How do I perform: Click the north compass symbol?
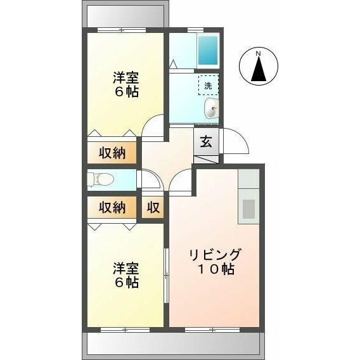pos(258,67)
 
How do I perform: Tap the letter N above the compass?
pos(258,54)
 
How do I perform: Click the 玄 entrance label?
pos(207,142)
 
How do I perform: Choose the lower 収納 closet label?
pos(112,207)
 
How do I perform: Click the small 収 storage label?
pos(153,207)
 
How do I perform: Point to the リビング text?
pos(215,255)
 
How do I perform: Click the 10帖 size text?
pos(215,269)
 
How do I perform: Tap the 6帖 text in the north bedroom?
pos(125,92)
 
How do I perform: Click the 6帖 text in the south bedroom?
pos(125,283)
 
